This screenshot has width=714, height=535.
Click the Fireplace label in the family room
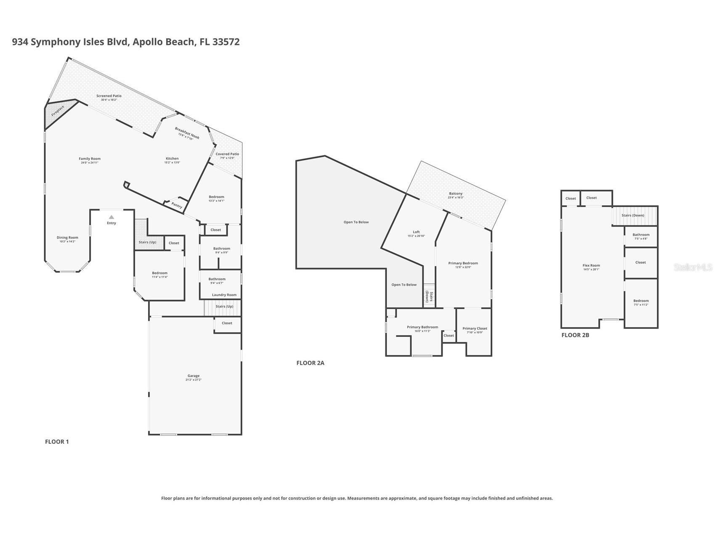tap(58, 111)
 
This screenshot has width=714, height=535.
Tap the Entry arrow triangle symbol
tap(111, 217)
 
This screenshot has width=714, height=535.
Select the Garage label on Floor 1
tap(194, 376)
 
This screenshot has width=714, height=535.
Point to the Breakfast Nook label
tap(187, 133)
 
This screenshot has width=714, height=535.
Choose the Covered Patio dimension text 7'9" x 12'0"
tap(227, 158)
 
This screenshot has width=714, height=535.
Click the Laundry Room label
tap(224, 295)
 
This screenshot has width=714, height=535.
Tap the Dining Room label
tap(67, 237)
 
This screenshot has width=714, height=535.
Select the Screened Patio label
tap(109, 96)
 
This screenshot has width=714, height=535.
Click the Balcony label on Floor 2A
tap(456, 193)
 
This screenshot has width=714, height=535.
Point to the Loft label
tap(416, 232)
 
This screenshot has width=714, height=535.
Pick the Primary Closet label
tap(475, 328)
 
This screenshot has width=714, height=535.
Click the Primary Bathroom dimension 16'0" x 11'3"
tap(422, 331)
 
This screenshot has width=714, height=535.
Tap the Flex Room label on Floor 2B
tap(591, 265)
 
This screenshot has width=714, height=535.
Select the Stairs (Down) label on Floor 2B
tap(633, 215)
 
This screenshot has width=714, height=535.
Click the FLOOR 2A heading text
tap(310, 363)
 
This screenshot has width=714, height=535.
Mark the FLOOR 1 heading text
tap(57, 442)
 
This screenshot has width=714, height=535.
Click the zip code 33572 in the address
tap(226, 42)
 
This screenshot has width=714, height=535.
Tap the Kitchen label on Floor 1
tap(172, 159)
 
